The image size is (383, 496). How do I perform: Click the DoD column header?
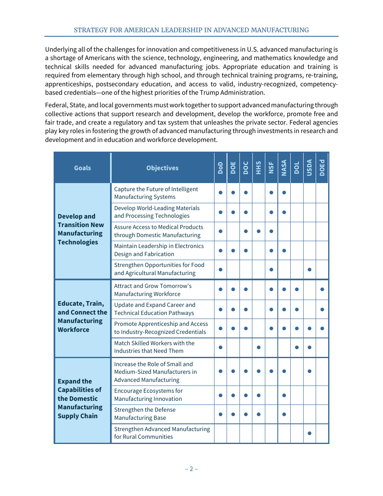[x=220, y=168]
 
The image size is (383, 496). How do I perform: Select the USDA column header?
[x=309, y=168]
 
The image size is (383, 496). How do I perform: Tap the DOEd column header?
[x=322, y=168]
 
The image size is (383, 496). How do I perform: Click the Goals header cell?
[x=82, y=168]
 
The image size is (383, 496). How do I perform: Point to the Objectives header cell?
[x=162, y=168]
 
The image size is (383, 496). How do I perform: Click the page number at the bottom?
[x=191, y=469]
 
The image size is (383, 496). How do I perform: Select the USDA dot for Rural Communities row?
[x=309, y=433]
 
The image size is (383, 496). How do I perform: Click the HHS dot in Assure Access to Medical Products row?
[x=258, y=231]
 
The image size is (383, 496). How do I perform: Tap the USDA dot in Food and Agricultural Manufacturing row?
[x=309, y=269]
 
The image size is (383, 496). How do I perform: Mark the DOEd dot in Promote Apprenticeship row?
[x=322, y=328]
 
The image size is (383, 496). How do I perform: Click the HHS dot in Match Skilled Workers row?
[x=258, y=347]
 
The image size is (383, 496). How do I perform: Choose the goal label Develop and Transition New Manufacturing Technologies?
[x=80, y=229]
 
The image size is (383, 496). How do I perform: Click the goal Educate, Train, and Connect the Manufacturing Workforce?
[x=82, y=317]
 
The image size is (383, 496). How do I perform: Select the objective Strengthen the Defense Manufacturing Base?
[x=145, y=414]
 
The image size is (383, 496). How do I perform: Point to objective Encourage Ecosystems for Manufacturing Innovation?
[x=148, y=395]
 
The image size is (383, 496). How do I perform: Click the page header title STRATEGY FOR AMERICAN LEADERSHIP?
[x=191, y=30]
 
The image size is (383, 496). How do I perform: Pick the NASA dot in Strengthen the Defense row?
[x=284, y=414]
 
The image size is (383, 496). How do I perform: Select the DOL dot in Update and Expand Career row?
[x=297, y=309]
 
